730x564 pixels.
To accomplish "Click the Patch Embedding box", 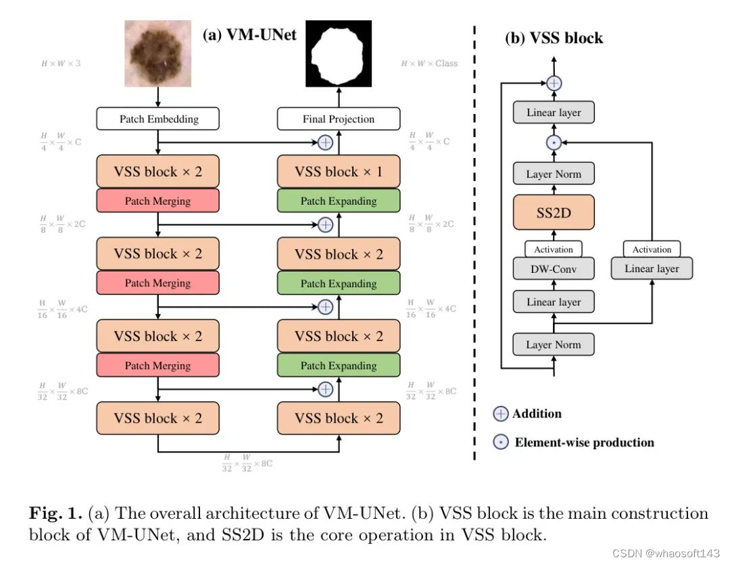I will (158, 119).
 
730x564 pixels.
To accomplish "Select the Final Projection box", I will (338, 119).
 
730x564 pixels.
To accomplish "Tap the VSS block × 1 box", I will (338, 172).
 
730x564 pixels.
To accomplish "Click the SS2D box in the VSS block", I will (554, 212).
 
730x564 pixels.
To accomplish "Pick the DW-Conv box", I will (554, 269).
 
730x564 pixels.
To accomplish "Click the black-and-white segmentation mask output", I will (338, 53).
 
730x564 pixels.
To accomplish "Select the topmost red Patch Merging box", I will (158, 201).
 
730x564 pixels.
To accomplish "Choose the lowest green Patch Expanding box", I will (338, 365).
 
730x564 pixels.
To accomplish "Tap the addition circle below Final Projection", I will (325, 143).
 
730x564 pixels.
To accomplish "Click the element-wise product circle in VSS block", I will (554, 143).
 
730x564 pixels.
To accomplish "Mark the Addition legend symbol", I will (501, 414).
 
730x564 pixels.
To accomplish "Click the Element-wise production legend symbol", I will (501, 443).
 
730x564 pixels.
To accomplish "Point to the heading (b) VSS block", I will (554, 39).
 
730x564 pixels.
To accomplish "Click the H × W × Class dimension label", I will (429, 63).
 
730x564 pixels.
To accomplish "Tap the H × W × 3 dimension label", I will (65, 63).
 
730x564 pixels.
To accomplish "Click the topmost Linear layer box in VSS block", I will (554, 113).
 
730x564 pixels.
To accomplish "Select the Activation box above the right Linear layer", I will (652, 249).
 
